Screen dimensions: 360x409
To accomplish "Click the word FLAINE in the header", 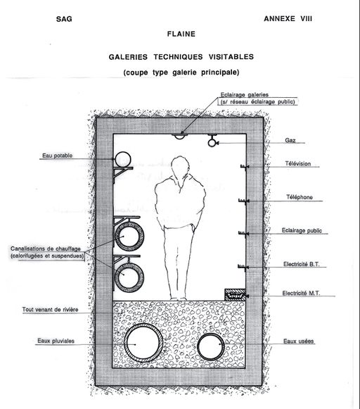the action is click(x=181, y=34).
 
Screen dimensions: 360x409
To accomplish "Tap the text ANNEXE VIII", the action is click(x=288, y=19).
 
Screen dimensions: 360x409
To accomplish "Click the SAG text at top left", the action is click(x=64, y=19).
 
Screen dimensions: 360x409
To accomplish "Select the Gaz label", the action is click(x=290, y=140).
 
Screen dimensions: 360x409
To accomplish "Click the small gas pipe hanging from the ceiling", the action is click(x=212, y=142).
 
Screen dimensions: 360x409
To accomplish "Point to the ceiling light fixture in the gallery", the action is click(x=179, y=136).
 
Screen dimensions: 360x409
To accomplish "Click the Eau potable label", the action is click(x=58, y=156).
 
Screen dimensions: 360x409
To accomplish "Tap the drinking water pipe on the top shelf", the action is click(x=122, y=159).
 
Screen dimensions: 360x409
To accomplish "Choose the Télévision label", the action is click(x=297, y=163).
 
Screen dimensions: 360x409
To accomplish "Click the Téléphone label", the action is click(x=300, y=197).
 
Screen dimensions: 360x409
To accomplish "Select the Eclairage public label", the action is click(x=302, y=231).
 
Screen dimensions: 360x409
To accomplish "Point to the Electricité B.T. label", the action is click(x=301, y=264).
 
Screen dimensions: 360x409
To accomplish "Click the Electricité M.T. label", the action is click(x=301, y=293).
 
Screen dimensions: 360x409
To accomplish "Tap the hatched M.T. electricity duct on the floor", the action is click(x=235, y=295).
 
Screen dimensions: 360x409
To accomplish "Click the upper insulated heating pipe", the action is click(x=129, y=236).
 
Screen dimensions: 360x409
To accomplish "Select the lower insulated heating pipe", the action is click(x=129, y=277).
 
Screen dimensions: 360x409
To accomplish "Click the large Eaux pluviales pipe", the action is click(x=143, y=343).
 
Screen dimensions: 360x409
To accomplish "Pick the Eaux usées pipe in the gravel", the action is click(x=211, y=347).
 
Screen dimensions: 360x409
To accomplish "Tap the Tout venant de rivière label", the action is click(x=50, y=310).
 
